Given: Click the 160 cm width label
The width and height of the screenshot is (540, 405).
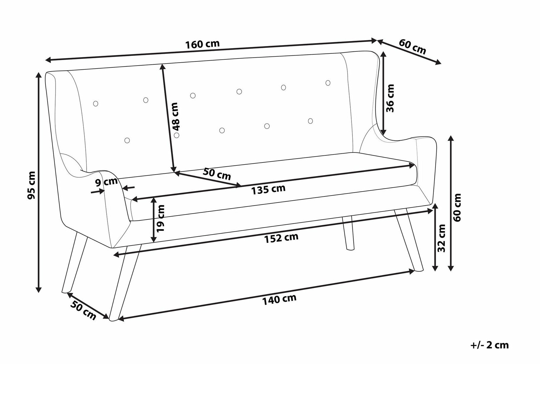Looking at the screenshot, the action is pyautogui.click(x=202, y=44).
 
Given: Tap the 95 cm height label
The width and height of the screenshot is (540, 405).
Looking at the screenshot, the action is pyautogui.click(x=31, y=185).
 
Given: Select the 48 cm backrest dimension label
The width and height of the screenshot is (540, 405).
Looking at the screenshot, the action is pyautogui.click(x=175, y=117).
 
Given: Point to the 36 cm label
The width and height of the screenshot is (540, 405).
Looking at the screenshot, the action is pyautogui.click(x=390, y=98).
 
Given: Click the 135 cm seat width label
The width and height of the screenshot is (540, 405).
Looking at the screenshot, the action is pyautogui.click(x=268, y=189).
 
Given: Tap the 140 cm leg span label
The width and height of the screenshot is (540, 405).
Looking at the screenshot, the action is pyautogui.click(x=279, y=300).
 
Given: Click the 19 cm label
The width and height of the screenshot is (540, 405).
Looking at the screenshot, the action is pyautogui.click(x=160, y=218).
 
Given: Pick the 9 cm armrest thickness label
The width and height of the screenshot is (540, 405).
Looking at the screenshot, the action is pyautogui.click(x=106, y=182).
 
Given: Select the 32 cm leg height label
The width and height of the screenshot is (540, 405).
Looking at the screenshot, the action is pyautogui.click(x=441, y=238).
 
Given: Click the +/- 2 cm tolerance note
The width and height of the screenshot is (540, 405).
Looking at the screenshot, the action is pyautogui.click(x=489, y=345).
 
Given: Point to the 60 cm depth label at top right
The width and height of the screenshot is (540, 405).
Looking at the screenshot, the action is pyautogui.click(x=413, y=47).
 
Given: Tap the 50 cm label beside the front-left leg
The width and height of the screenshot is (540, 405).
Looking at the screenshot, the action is pyautogui.click(x=83, y=311).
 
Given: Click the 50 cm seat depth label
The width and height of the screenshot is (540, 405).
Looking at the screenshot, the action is pyautogui.click(x=217, y=174).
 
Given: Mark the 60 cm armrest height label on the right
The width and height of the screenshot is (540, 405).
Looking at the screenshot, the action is pyautogui.click(x=457, y=207).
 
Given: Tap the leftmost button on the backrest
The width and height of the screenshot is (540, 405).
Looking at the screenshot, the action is pyautogui.click(x=95, y=104).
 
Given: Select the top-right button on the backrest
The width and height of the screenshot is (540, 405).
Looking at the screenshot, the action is pyautogui.click(x=328, y=83).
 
